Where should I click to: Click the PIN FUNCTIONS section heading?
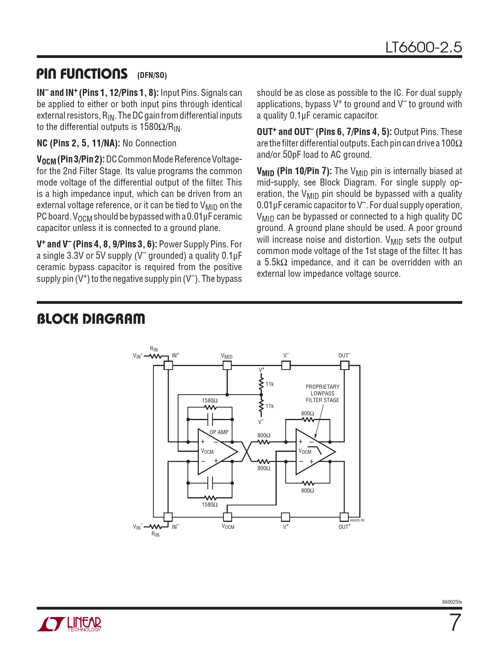click(x=82, y=74)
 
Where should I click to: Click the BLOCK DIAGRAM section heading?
click(x=91, y=319)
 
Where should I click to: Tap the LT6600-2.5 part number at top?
click(x=423, y=47)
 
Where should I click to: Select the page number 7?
click(x=454, y=623)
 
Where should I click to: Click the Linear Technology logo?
click(x=69, y=624)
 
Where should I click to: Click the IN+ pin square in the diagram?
click(x=168, y=365)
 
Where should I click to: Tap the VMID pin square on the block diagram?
click(x=227, y=365)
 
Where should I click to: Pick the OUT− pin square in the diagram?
click(x=344, y=365)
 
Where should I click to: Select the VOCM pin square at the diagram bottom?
click(x=227, y=517)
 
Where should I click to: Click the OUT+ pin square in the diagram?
click(x=344, y=517)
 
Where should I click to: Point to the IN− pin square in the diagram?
click(x=168, y=517)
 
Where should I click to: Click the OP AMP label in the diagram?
click(x=219, y=432)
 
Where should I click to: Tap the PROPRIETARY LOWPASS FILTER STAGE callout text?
click(x=322, y=393)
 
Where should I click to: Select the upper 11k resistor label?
click(x=270, y=384)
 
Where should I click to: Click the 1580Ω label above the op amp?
click(x=210, y=401)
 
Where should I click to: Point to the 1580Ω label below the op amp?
click(x=210, y=505)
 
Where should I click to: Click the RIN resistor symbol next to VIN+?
click(x=155, y=356)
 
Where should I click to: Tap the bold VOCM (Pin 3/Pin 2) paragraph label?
click(x=70, y=160)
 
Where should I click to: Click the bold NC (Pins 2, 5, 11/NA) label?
click(x=78, y=143)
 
